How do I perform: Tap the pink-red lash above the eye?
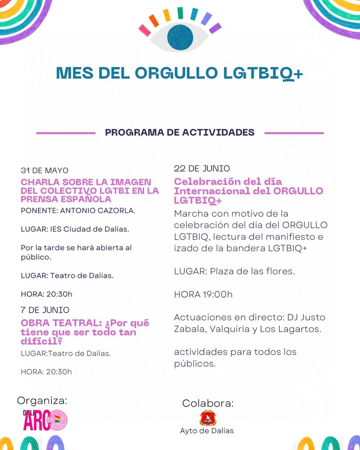[x=145, y=30]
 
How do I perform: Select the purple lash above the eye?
[x=215, y=28]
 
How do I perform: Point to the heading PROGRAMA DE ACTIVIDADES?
[x=180, y=132]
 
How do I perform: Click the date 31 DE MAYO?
[x=44, y=170]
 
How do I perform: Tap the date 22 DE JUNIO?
[x=202, y=168]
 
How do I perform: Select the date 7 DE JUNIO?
[x=45, y=310]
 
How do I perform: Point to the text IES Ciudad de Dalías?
[x=89, y=229]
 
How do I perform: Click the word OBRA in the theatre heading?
[x=35, y=323]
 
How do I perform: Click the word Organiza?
[x=42, y=401]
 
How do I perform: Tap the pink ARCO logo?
[x=45, y=420]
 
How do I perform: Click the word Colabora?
[x=208, y=403]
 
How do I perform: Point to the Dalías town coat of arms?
[x=208, y=418]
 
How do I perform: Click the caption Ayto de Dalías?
[x=207, y=431]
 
